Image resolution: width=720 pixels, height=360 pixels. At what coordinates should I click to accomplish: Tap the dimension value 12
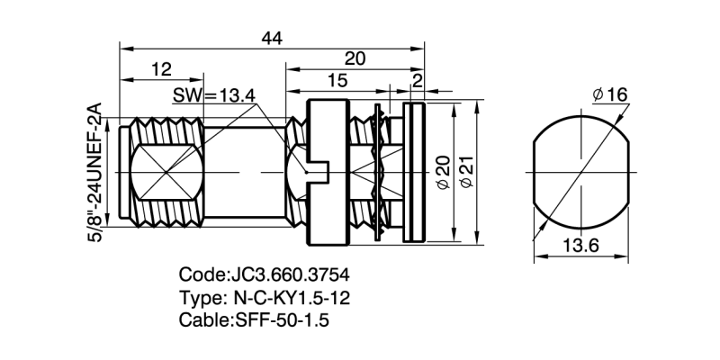point(161,70)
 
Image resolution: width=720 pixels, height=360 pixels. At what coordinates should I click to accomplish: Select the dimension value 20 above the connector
point(355,58)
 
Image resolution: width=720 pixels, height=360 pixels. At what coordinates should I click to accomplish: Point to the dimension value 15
point(337,81)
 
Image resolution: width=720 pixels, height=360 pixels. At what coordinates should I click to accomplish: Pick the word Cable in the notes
point(203,319)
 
